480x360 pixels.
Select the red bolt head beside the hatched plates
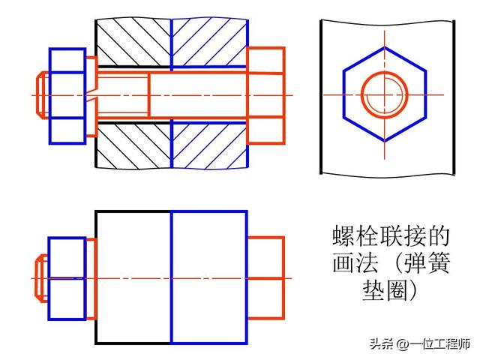point(265,95)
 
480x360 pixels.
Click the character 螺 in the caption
point(344,237)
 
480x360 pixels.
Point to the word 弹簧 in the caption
point(425,264)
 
